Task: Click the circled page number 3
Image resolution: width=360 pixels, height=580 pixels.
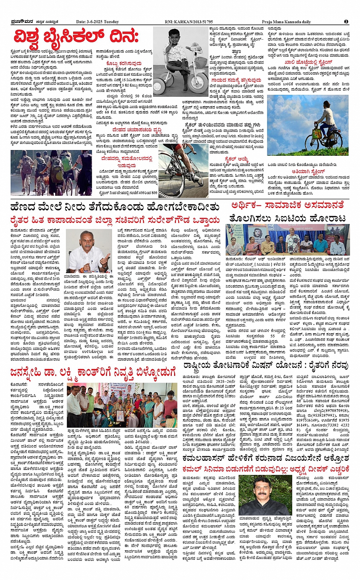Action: (346, 22)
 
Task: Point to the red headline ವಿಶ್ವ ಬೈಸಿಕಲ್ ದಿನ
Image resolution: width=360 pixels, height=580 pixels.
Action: (76, 37)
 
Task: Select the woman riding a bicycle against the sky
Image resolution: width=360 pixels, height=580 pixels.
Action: (322, 126)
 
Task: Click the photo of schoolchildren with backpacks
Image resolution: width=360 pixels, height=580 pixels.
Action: (51, 172)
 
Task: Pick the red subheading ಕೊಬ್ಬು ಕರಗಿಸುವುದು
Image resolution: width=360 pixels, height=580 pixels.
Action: (123, 63)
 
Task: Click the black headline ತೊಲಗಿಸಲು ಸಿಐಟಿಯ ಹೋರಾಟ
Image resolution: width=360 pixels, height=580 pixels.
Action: (288, 219)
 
